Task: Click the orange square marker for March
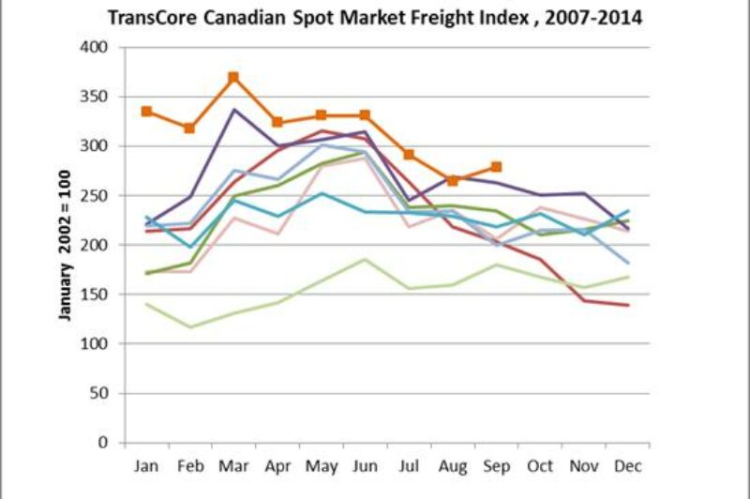(x=233, y=77)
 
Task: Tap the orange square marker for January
(x=147, y=111)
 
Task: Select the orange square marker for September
(x=496, y=167)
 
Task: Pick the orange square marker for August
(x=453, y=180)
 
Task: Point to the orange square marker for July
(x=409, y=155)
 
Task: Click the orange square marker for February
(x=189, y=128)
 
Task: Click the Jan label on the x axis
(x=147, y=465)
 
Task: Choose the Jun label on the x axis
(x=365, y=465)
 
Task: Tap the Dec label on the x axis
(x=626, y=465)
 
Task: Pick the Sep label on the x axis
(x=496, y=465)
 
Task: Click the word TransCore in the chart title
(x=150, y=17)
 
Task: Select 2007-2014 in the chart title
(x=598, y=17)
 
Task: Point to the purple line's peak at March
(x=233, y=110)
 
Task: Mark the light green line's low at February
(x=190, y=327)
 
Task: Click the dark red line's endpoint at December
(x=626, y=305)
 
